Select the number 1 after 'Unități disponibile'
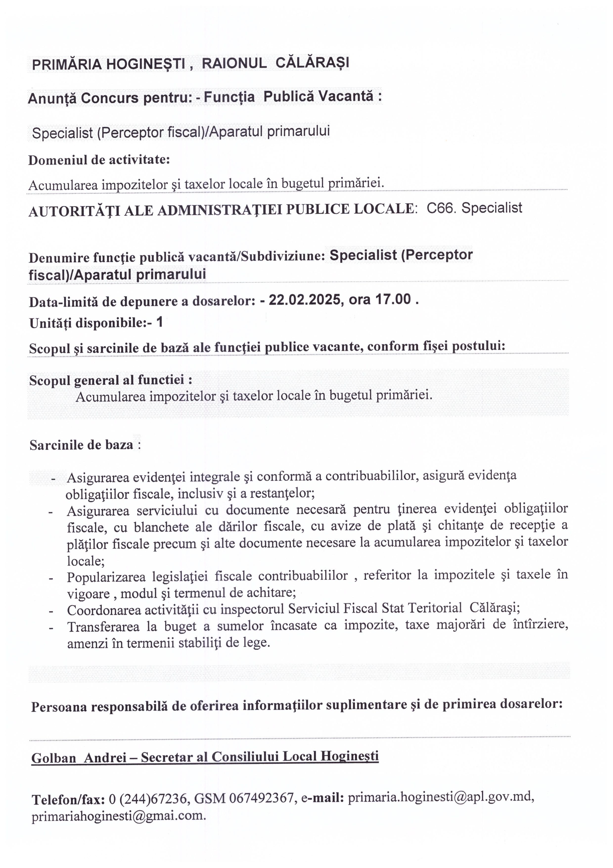159,322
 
